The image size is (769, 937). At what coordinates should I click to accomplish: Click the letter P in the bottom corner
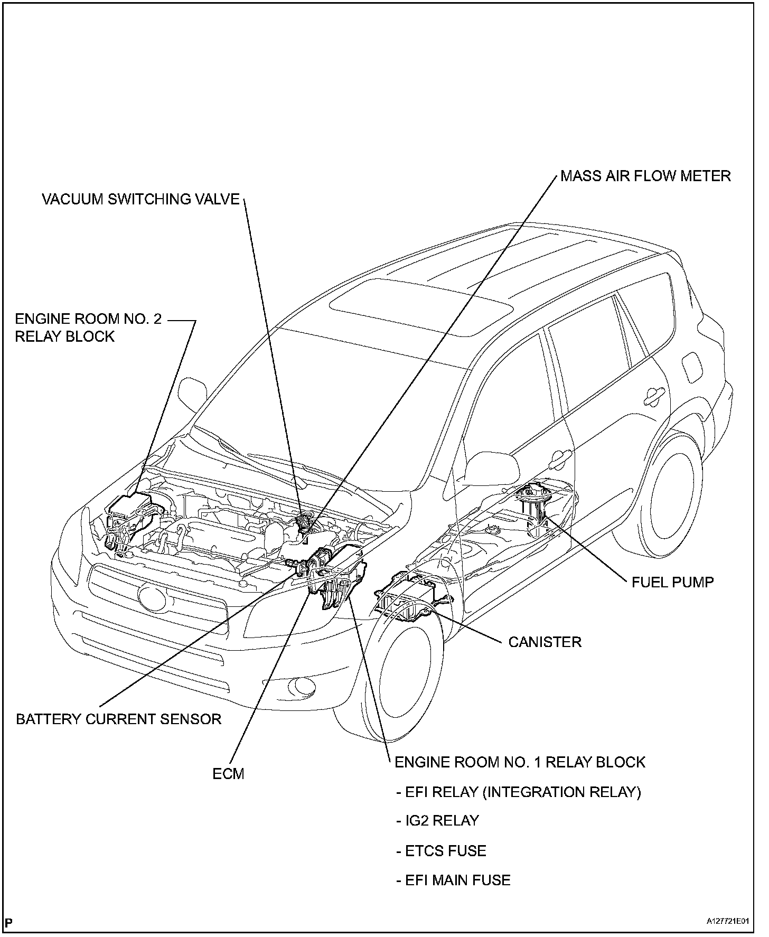click(10, 922)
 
